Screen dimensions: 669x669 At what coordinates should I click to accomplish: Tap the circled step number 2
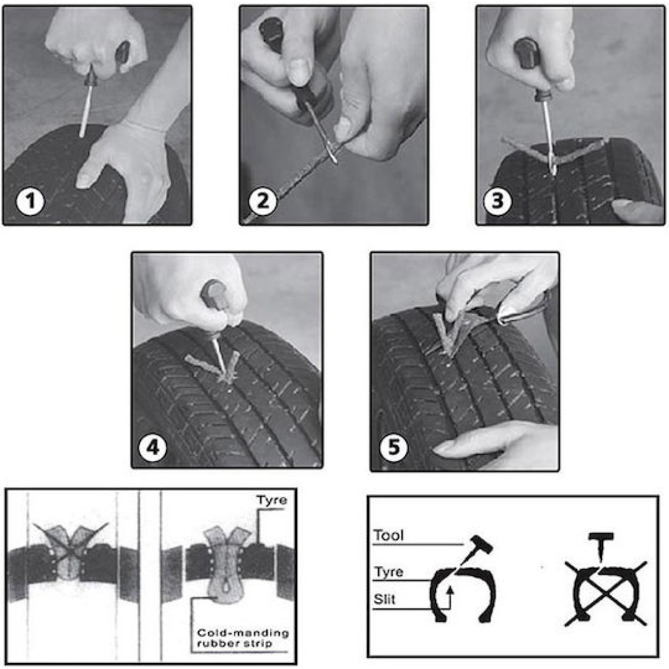pyautogui.click(x=262, y=201)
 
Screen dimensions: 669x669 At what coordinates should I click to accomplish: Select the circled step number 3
pyautogui.click(x=497, y=201)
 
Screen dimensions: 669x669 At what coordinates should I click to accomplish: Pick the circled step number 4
pyautogui.click(x=153, y=448)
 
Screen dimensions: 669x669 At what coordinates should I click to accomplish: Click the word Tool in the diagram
pyautogui.click(x=388, y=536)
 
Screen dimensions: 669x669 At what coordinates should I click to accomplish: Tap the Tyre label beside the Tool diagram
pyautogui.click(x=388, y=572)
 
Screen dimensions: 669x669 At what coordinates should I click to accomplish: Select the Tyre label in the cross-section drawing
pyautogui.click(x=271, y=501)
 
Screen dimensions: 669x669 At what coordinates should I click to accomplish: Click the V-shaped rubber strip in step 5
pyautogui.click(x=449, y=334)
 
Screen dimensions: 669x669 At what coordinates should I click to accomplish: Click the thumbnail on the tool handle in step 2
pyautogui.click(x=298, y=72)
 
